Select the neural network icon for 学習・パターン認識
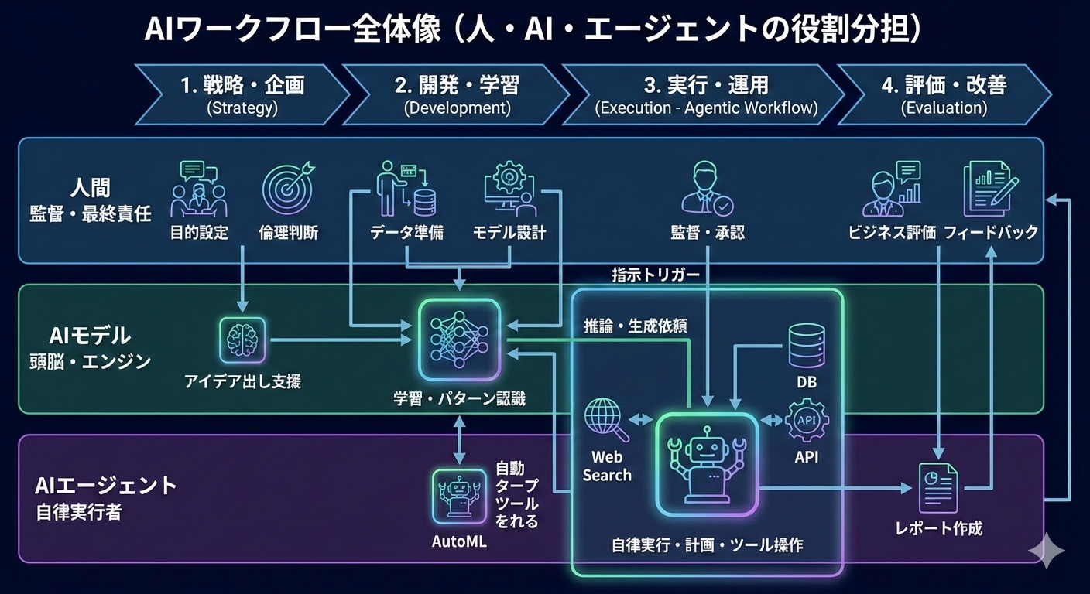tap(461, 341)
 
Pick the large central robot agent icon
tap(706, 463)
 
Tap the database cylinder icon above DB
tap(807, 346)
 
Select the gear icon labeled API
tap(807, 421)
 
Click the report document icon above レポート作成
tap(937, 487)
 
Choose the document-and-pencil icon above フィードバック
tap(990, 188)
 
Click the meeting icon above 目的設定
tap(199, 188)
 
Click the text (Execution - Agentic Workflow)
tap(706, 108)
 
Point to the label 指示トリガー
tap(655, 275)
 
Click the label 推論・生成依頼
tap(635, 326)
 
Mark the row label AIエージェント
tap(106, 486)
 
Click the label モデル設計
tap(509, 233)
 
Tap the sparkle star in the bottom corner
tap(1046, 551)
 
